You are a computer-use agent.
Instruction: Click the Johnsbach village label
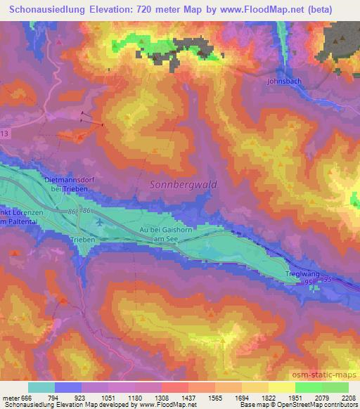point(285,82)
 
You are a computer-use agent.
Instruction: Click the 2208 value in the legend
point(348,397)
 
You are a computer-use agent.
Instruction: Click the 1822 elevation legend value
point(268,397)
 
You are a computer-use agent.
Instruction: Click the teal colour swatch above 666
point(41,387)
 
